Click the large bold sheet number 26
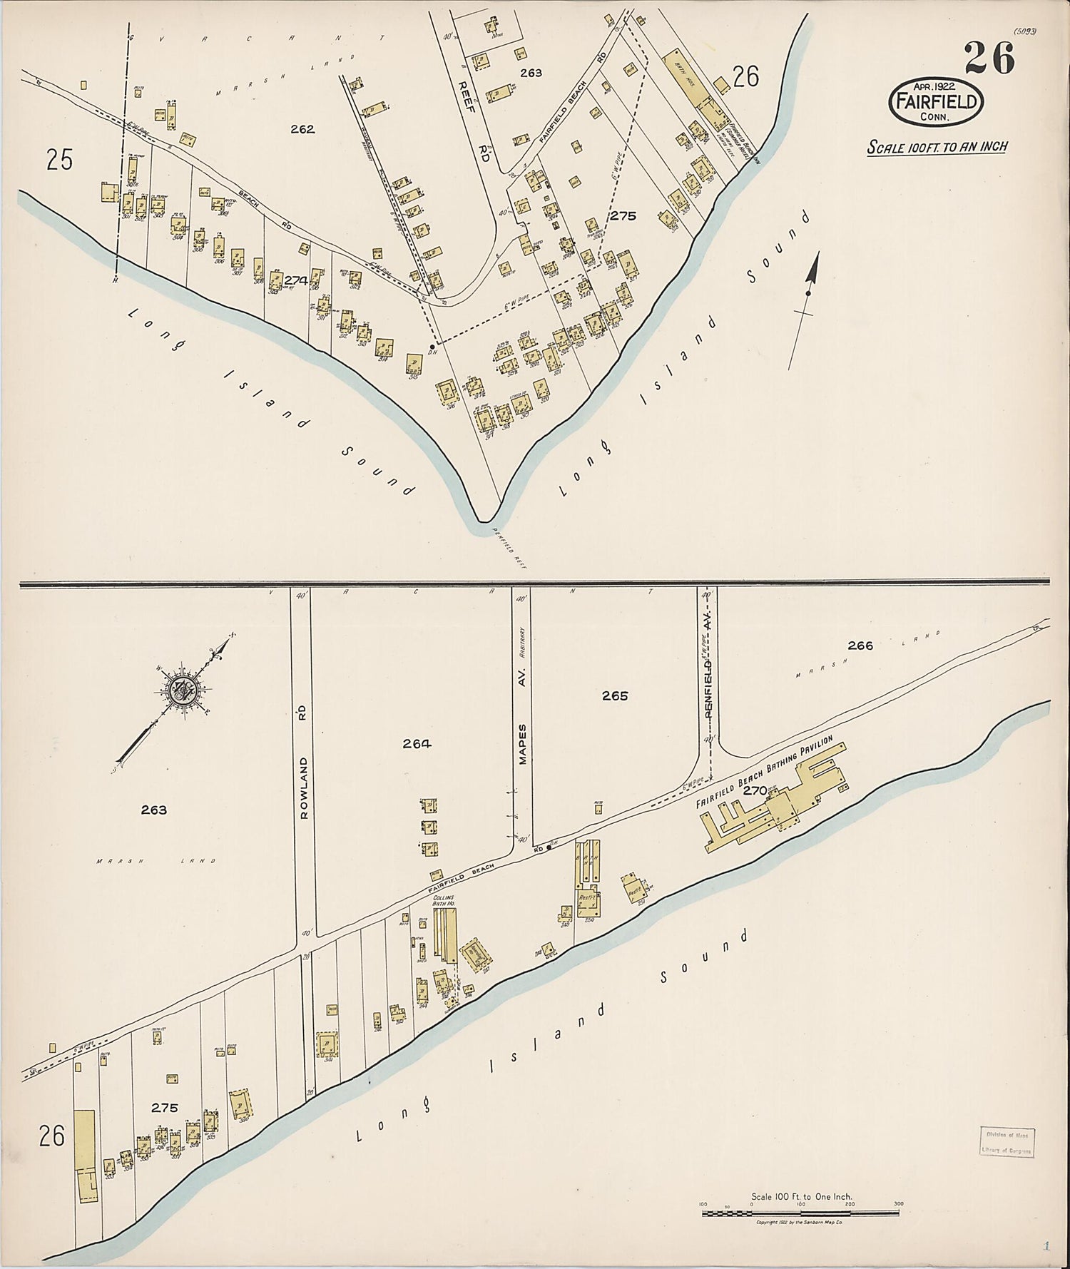click(989, 58)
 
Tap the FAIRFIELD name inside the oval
click(935, 102)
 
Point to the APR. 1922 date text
click(936, 86)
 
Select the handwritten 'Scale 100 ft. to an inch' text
click(937, 147)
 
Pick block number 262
click(302, 129)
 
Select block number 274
click(295, 281)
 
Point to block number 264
click(417, 743)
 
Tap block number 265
click(614, 695)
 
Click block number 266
click(860, 646)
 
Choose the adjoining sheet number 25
click(59, 160)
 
